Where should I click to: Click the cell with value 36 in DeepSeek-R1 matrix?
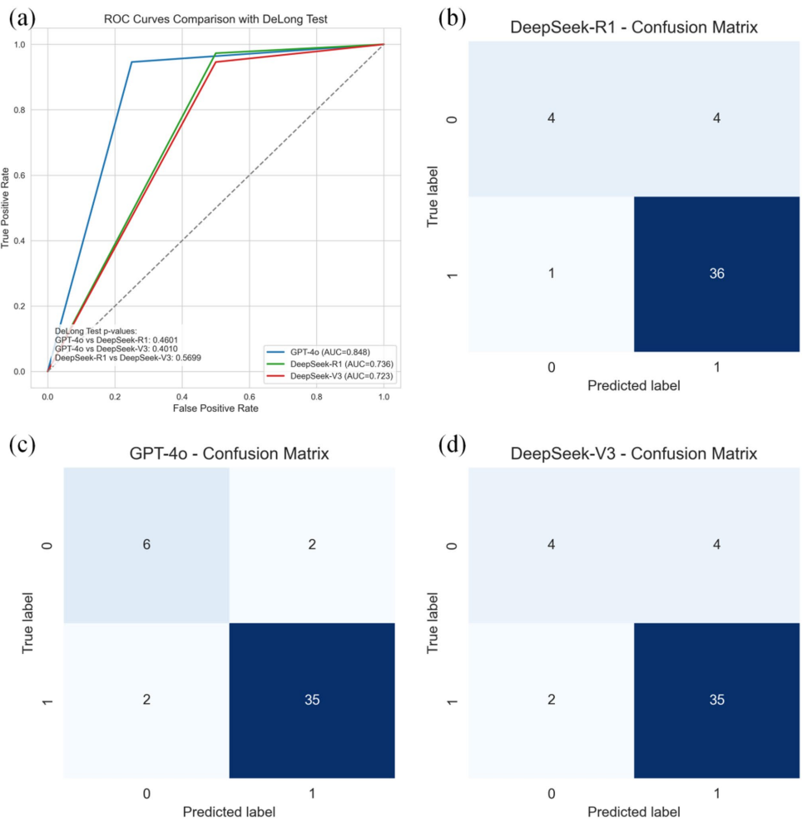(716, 274)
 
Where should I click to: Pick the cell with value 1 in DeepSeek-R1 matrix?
(551, 274)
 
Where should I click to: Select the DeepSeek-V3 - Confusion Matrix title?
(634, 454)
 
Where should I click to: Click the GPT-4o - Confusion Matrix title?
(229, 454)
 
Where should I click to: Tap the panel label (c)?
(22, 445)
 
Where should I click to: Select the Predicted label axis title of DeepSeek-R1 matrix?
(634, 386)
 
